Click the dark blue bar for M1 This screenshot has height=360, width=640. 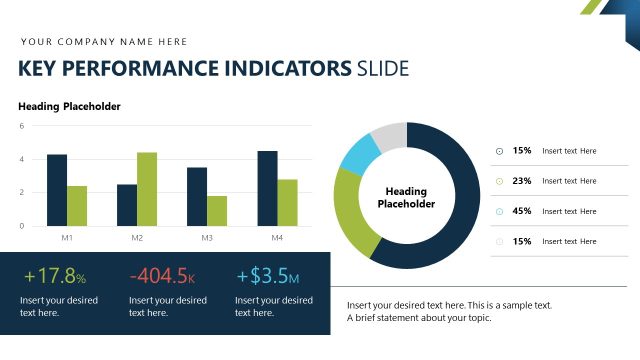(57, 190)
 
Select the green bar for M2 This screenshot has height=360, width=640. (147, 189)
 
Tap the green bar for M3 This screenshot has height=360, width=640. (217, 210)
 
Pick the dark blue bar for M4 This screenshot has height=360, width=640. (267, 188)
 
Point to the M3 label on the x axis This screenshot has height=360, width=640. (207, 238)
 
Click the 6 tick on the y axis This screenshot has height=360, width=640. (22, 126)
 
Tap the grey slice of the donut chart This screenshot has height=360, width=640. (390, 135)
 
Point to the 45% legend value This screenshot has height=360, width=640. (521, 211)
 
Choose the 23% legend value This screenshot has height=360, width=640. (521, 181)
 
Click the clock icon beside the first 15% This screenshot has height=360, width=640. (500, 151)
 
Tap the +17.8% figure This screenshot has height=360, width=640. (55, 277)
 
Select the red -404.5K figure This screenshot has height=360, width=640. (162, 277)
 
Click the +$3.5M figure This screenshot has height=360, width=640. (267, 277)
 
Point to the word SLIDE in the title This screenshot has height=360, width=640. (382, 69)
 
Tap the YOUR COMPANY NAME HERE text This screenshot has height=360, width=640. (104, 42)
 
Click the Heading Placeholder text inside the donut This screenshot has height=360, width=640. (406, 197)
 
